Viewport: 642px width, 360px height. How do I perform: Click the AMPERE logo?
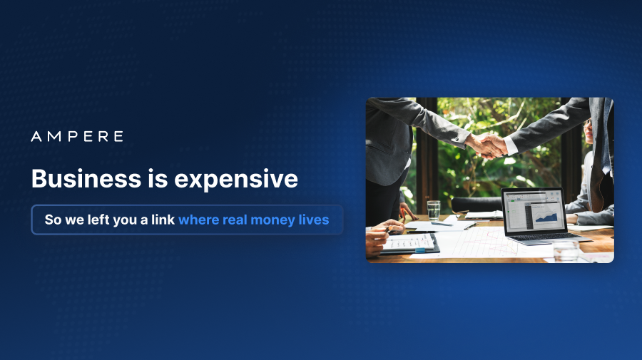[77, 136]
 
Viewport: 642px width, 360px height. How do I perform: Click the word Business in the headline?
[86, 179]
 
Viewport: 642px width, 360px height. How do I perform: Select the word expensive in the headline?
[236, 180]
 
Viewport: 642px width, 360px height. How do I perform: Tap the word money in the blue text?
[272, 220]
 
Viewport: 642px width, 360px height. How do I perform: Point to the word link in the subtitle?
[163, 220]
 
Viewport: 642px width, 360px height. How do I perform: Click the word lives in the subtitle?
[314, 220]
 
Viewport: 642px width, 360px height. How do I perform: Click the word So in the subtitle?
[53, 220]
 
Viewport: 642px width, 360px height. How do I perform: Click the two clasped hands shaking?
[486, 145]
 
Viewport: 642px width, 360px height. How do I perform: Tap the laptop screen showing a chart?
[534, 212]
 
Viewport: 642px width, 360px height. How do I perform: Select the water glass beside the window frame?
[434, 210]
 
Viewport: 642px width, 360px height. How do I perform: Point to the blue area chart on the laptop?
[546, 216]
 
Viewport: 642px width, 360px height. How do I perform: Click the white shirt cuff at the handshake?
[511, 145]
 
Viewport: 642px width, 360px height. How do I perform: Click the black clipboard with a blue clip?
[409, 244]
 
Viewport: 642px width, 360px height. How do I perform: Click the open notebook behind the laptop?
[484, 215]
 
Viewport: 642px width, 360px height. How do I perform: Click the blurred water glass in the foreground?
[566, 250]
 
